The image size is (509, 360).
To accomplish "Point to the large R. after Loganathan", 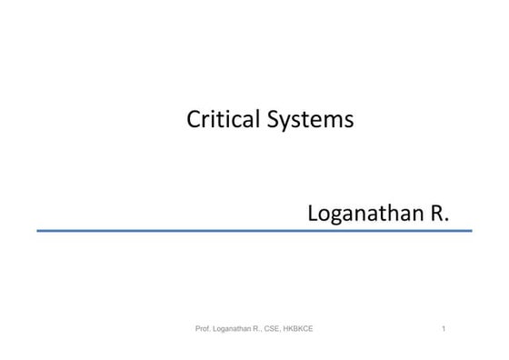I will [x=440, y=214].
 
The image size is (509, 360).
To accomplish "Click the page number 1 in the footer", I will [x=443, y=328].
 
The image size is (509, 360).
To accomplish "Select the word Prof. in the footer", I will [x=204, y=328].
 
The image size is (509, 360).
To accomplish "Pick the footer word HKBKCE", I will [x=298, y=328].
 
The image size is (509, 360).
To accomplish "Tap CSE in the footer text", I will [x=270, y=328].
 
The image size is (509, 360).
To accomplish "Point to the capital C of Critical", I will [x=193, y=119].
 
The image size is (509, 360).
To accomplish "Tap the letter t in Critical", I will [x=212, y=119].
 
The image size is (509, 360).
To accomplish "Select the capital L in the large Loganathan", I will [x=314, y=214].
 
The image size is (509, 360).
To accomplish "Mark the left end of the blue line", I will [x=38, y=231].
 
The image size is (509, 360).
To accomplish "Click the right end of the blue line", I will [x=471, y=231].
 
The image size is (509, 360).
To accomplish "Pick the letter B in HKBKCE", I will [x=295, y=328].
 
